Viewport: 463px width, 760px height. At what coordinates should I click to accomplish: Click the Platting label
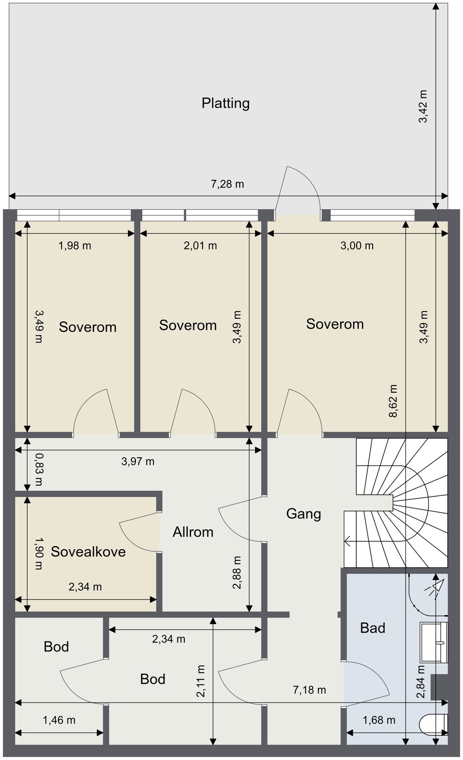click(x=225, y=103)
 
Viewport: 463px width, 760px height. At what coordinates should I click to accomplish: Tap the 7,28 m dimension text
click(x=227, y=184)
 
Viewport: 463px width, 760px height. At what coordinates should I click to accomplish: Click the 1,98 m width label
click(x=75, y=245)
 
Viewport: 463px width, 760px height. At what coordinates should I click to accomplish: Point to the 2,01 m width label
click(x=200, y=245)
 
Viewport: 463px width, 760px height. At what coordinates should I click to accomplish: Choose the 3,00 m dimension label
click(x=357, y=245)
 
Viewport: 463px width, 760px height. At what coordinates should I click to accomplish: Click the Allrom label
click(x=193, y=532)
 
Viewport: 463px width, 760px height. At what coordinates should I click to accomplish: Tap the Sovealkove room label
click(x=88, y=552)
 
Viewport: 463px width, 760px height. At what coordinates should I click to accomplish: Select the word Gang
click(x=303, y=514)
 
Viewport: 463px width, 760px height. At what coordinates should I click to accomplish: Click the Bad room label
click(x=373, y=628)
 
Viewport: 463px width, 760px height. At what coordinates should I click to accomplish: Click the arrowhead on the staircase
click(x=348, y=540)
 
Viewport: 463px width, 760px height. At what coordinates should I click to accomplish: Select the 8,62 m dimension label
click(x=393, y=400)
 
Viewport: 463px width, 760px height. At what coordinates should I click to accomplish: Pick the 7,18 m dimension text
click(x=309, y=690)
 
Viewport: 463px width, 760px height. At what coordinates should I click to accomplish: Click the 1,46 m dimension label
click(x=59, y=719)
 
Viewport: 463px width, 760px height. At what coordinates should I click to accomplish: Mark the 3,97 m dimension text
click(x=138, y=461)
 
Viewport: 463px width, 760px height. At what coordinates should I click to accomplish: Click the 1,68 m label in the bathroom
click(x=379, y=719)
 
